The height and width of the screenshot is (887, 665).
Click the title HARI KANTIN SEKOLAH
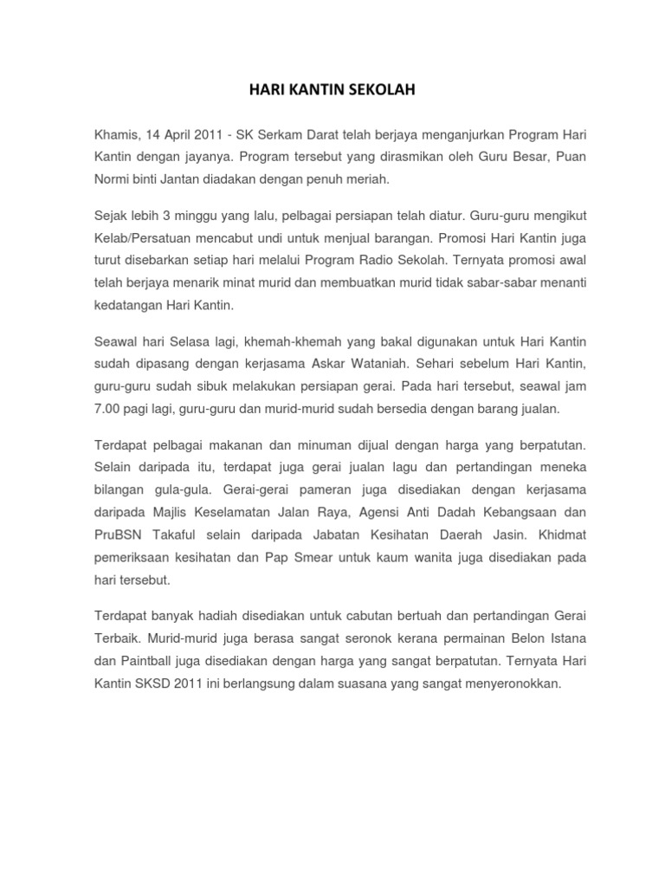tap(332, 89)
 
